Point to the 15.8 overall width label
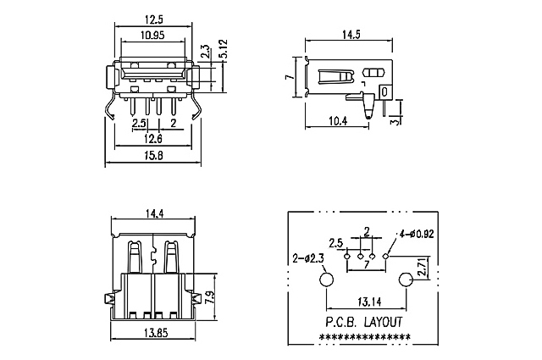click(153, 156)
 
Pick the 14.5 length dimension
click(350, 35)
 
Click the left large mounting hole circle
click(326, 280)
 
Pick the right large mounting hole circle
click(406, 280)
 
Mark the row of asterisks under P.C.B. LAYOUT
click(365, 337)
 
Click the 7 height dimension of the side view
click(289, 77)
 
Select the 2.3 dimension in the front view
click(206, 51)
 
